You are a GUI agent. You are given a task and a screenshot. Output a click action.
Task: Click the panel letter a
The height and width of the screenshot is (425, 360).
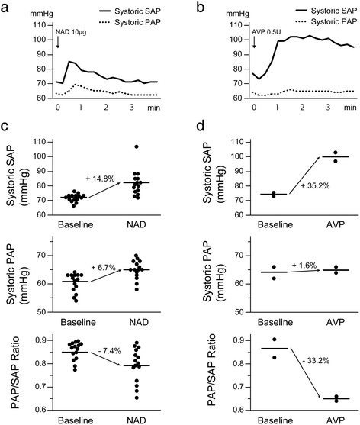(x=5, y=5)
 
